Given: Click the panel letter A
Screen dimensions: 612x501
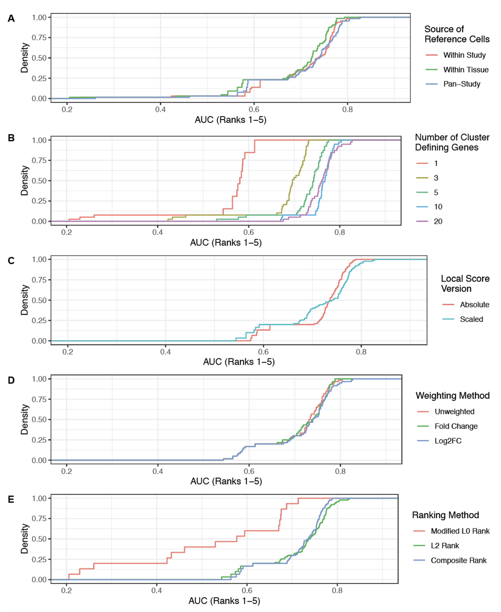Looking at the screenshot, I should coord(11,19).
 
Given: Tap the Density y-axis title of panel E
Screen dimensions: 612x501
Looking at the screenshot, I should coord(25,539).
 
